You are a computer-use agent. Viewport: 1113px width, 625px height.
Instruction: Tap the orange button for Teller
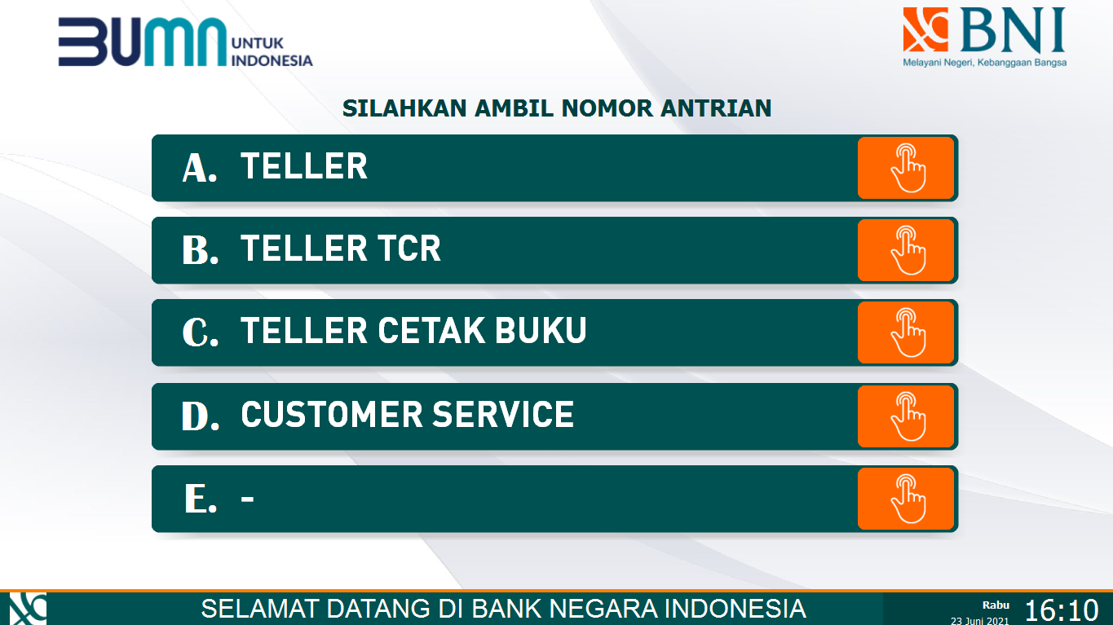coord(905,168)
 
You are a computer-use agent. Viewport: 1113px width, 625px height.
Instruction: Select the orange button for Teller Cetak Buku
coord(905,332)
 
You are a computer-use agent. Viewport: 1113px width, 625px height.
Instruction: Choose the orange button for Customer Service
coord(905,416)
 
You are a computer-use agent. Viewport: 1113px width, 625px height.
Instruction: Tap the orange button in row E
coord(905,499)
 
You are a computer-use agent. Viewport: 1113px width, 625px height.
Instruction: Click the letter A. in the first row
coord(200,168)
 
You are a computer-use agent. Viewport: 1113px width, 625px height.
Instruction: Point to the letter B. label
coord(201,251)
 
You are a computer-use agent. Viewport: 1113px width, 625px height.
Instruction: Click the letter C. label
coord(201,333)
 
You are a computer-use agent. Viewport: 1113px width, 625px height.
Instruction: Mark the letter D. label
coord(201,416)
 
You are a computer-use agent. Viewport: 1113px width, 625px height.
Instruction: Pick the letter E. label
coord(201,499)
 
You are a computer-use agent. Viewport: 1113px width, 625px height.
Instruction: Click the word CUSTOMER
coord(331,415)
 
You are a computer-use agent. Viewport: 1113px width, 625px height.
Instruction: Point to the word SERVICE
coord(502,415)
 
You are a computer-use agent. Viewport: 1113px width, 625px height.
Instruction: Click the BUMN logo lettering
coord(142,43)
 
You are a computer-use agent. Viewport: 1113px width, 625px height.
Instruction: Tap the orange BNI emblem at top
coord(925,30)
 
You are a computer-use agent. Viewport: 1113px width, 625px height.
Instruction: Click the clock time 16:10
coord(1062,610)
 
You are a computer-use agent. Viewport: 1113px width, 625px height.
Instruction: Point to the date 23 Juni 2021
coord(980,620)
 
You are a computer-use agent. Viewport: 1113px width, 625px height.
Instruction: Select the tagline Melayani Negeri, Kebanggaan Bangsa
coord(984,63)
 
